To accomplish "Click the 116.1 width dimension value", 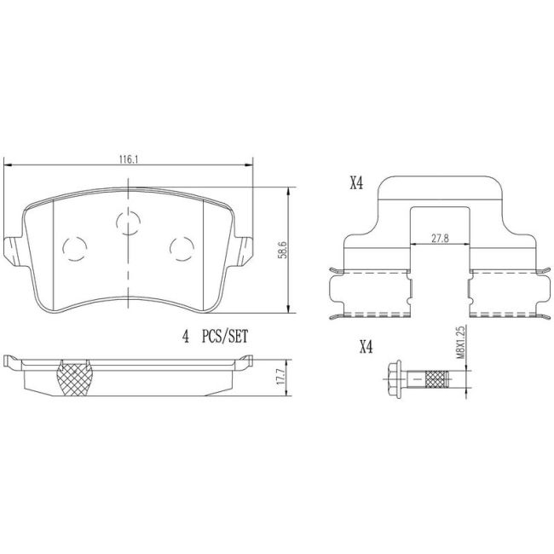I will coord(129,158).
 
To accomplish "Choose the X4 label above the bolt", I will coord(366,346).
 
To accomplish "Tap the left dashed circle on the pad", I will coord(75,246).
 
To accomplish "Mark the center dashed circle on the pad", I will coord(128,223).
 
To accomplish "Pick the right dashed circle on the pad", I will coord(181,247).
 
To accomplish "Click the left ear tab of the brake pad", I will coord(11,250).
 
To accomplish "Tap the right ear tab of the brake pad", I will coord(245,250).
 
